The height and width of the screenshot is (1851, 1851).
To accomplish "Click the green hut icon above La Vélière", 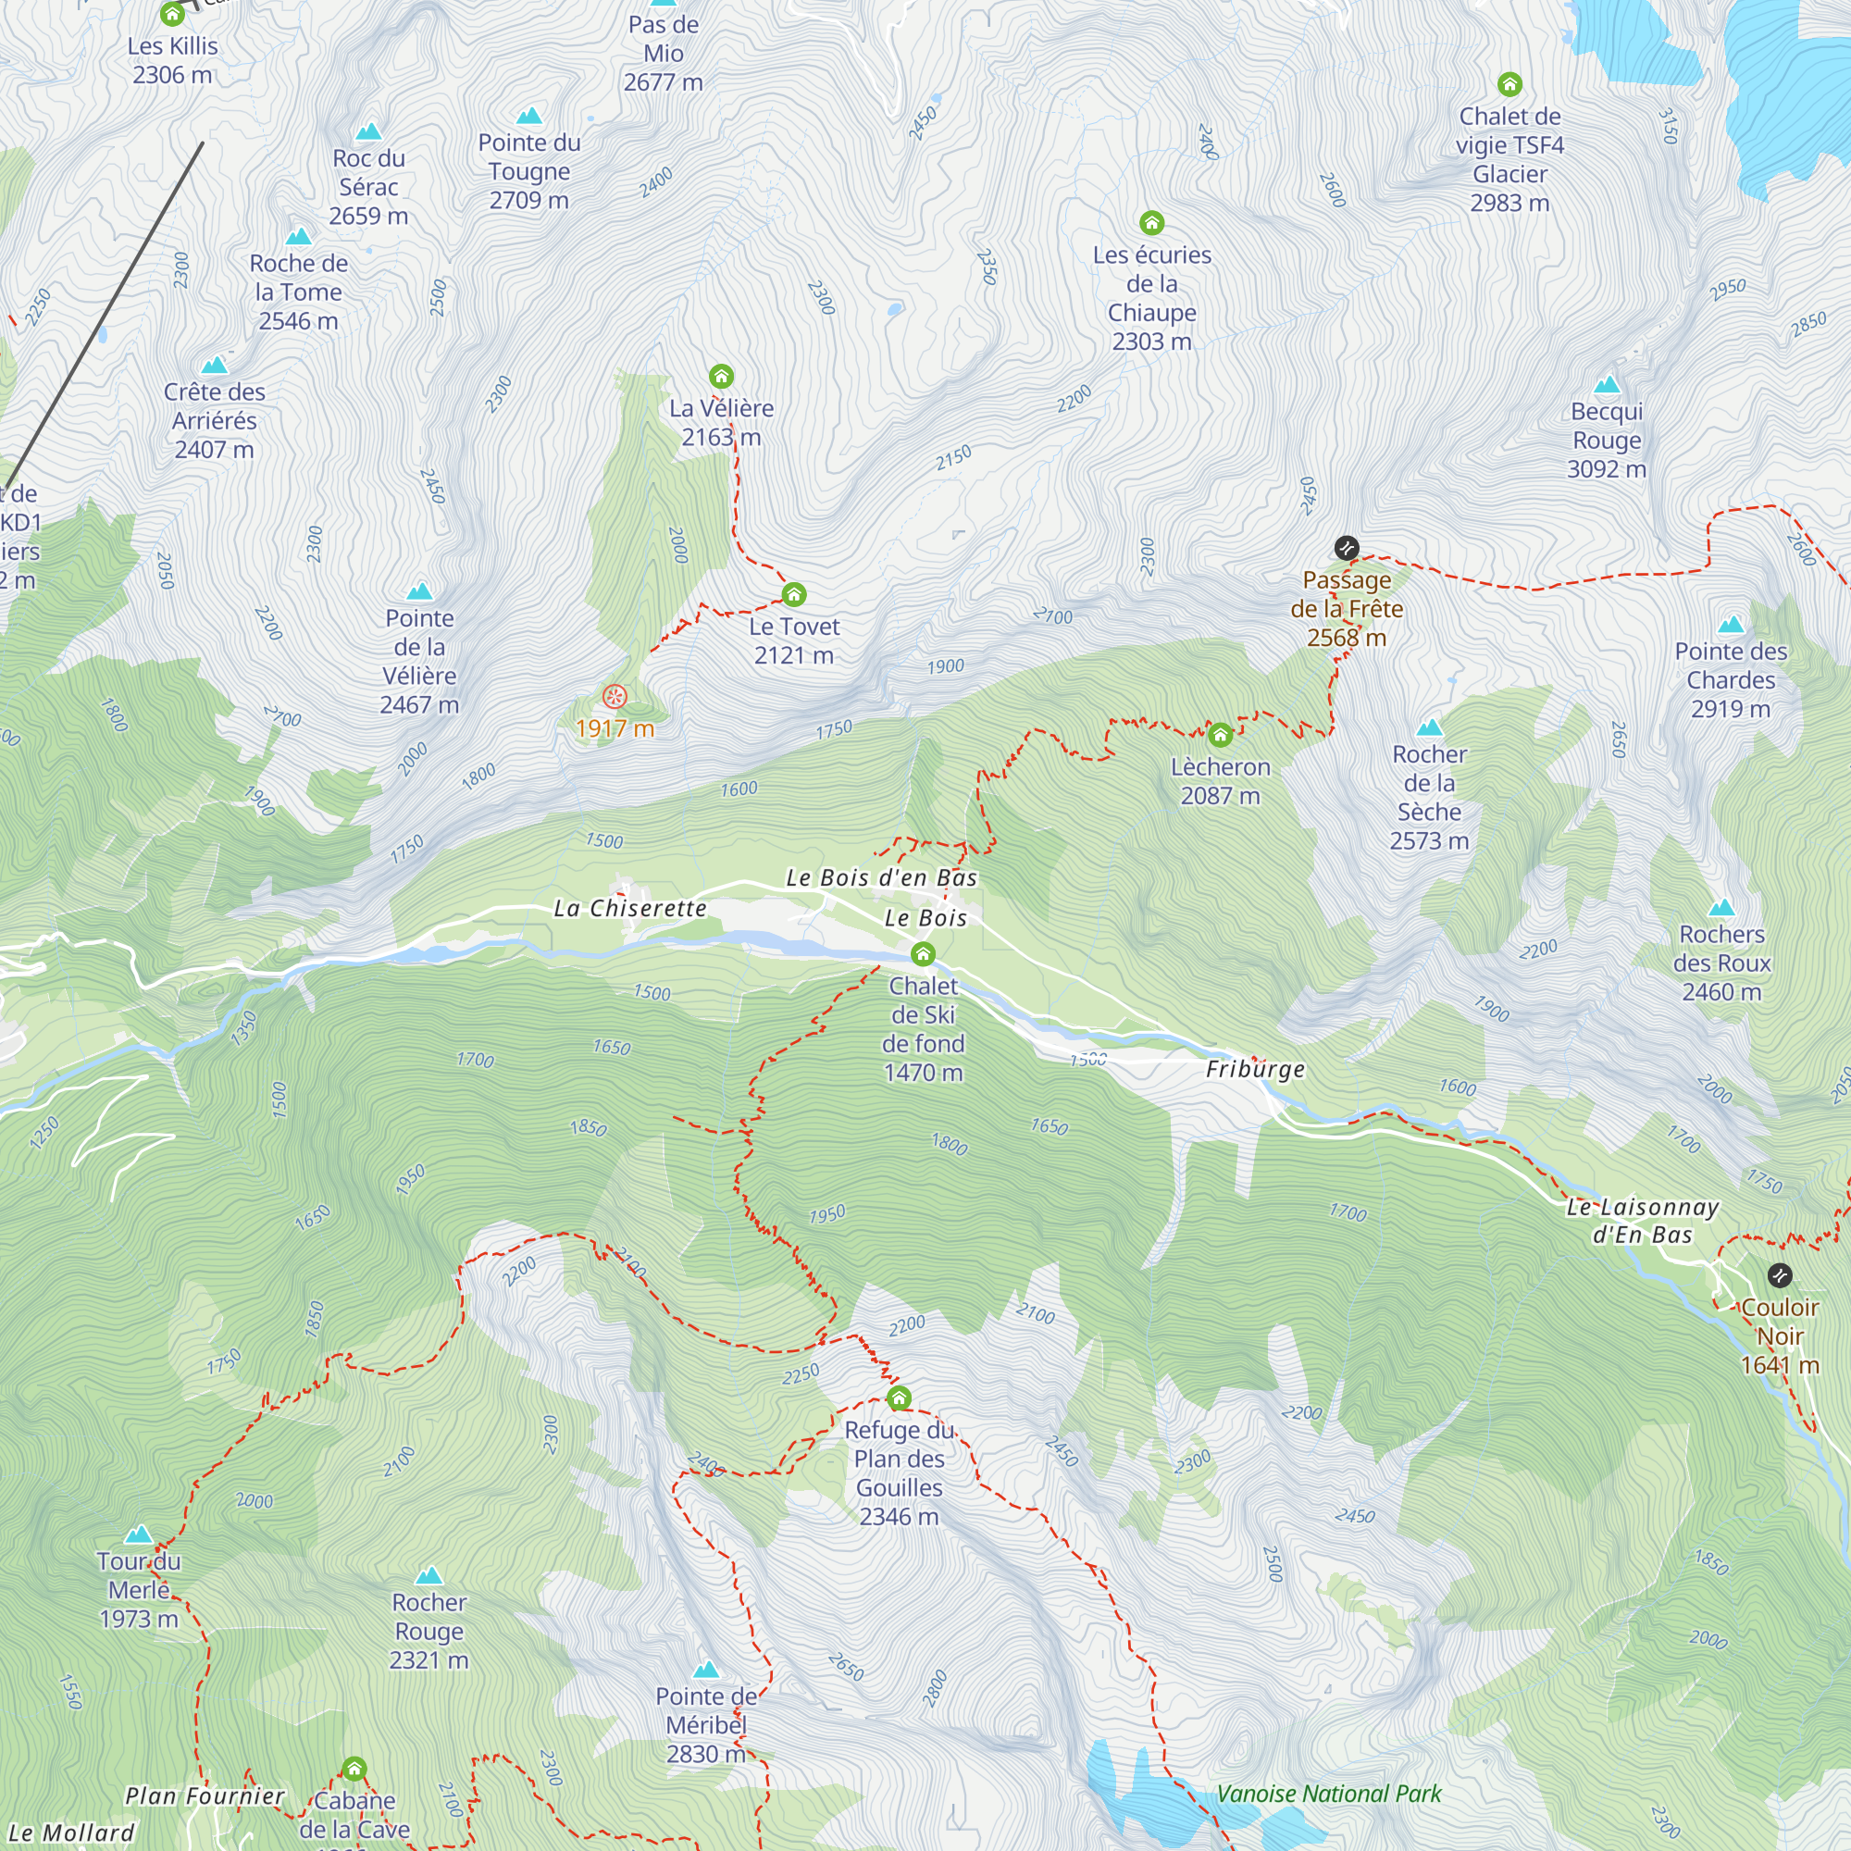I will tap(722, 376).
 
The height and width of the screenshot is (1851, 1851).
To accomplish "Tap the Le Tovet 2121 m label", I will tap(793, 641).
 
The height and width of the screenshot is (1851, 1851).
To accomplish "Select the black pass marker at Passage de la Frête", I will tap(1346, 548).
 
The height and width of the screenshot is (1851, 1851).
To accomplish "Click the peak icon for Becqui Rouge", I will tap(1607, 385).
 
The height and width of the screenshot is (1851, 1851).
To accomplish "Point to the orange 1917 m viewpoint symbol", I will tap(615, 697).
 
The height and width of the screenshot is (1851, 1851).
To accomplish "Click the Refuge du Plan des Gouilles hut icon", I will tap(899, 1398).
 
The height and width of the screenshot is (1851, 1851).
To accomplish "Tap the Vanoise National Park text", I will tap(1329, 1794).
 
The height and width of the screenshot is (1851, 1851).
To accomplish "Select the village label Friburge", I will tap(1255, 1069).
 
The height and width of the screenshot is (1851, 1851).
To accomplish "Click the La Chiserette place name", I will tap(630, 908).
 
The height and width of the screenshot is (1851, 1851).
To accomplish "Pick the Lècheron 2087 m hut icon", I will tap(1220, 735).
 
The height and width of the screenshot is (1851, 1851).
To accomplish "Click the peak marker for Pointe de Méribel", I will tap(706, 1670).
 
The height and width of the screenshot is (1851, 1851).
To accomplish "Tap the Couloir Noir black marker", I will tap(1779, 1275).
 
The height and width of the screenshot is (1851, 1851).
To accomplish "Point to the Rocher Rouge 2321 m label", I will tap(429, 1631).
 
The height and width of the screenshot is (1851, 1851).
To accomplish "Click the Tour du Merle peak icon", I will tap(139, 1534).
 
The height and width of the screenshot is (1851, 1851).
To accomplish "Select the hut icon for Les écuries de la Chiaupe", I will tap(1151, 223).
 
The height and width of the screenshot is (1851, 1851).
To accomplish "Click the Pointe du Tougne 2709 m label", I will tap(528, 171).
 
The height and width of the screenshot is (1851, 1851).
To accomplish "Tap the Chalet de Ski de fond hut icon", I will tap(923, 953).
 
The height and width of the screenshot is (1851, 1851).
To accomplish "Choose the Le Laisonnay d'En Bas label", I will tap(1642, 1221).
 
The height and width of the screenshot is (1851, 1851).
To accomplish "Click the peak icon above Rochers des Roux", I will tap(1721, 907).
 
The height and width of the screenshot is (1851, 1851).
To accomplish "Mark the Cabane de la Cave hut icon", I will tap(354, 1768).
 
